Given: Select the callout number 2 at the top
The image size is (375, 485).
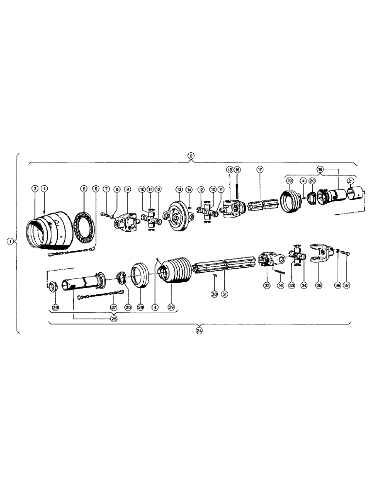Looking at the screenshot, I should click(x=191, y=156).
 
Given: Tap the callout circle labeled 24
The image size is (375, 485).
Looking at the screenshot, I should click(x=199, y=331).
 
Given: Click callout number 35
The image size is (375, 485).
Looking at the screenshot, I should click(x=319, y=286).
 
